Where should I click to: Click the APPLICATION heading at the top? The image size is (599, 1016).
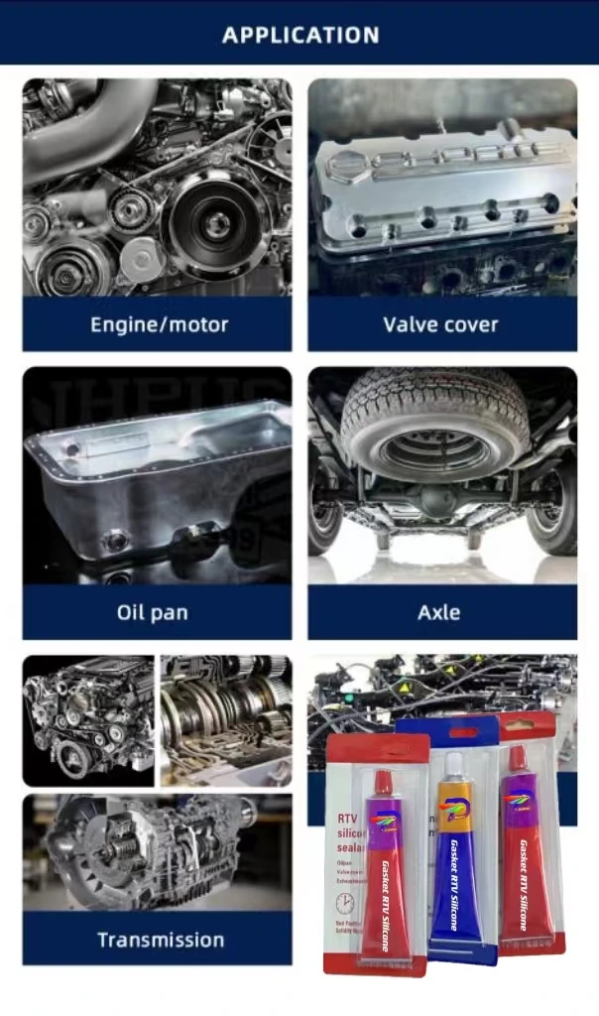(x=299, y=35)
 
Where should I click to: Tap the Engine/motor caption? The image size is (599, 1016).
(x=159, y=324)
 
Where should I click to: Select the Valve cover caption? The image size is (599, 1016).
(x=440, y=324)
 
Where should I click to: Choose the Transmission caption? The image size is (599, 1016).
(x=161, y=940)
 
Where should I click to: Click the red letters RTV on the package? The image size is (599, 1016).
(x=341, y=818)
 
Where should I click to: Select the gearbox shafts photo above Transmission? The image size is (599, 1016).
(x=226, y=719)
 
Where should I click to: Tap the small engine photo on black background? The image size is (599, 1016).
(x=88, y=719)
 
